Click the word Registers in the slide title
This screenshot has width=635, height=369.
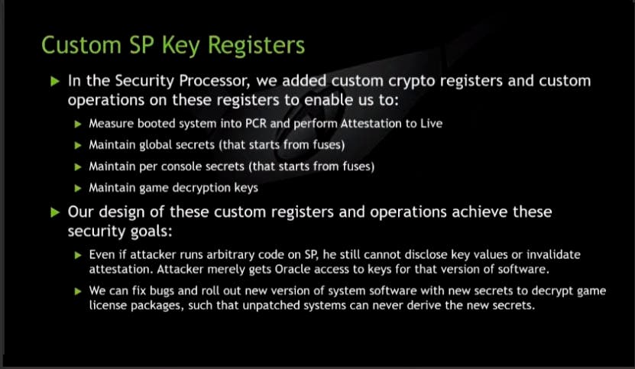coord(256,45)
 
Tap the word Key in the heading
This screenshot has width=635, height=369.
coord(180,45)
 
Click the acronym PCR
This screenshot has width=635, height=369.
coord(256,123)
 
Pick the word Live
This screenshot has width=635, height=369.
coord(431,123)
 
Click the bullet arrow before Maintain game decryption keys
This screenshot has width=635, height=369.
coord(78,188)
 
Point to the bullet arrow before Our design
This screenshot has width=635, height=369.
coord(55,212)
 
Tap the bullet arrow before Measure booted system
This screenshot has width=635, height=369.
coord(78,124)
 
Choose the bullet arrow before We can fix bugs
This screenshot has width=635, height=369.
coord(78,291)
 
